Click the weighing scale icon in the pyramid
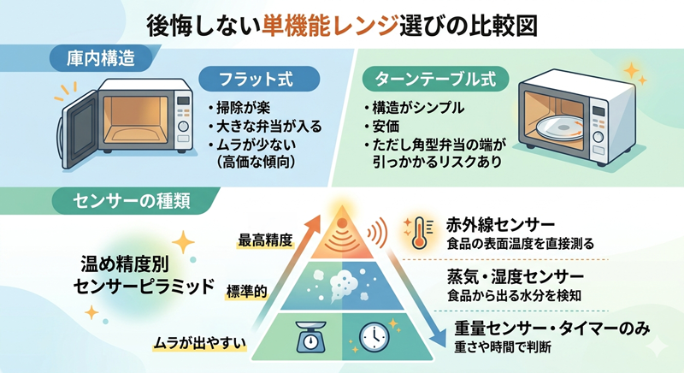(310, 337)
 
